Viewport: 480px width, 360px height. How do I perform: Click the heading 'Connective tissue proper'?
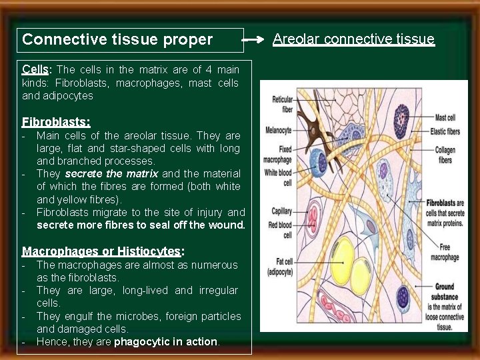click(x=117, y=39)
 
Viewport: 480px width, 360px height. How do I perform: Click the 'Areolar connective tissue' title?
click(x=353, y=39)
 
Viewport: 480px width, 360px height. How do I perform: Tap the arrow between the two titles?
click(x=254, y=40)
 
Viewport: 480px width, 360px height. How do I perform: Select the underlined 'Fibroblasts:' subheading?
click(x=56, y=122)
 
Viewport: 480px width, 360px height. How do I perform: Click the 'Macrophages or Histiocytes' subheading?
click(x=102, y=251)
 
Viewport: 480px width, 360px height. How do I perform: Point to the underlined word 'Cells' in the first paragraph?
click(x=35, y=69)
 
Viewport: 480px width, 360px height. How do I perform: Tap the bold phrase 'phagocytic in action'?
click(x=166, y=342)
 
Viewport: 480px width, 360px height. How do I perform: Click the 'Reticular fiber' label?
click(x=282, y=103)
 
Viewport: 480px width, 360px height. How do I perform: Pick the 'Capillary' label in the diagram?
click(x=282, y=211)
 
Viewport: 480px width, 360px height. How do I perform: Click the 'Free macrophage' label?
click(x=445, y=253)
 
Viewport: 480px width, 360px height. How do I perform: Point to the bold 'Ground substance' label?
click(x=444, y=291)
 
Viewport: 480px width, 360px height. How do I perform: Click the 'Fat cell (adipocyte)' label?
click(x=279, y=267)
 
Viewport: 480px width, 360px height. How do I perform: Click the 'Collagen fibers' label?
click(x=445, y=155)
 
